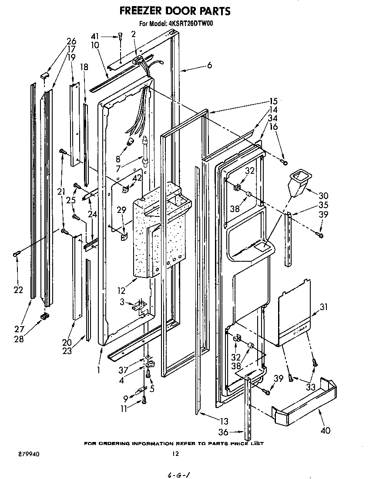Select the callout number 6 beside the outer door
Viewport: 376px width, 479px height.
(x=209, y=65)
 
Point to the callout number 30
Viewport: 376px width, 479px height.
(x=323, y=196)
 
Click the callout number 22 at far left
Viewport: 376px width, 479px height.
(x=18, y=290)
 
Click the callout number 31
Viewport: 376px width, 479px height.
(x=323, y=307)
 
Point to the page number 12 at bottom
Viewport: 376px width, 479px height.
(x=175, y=454)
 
